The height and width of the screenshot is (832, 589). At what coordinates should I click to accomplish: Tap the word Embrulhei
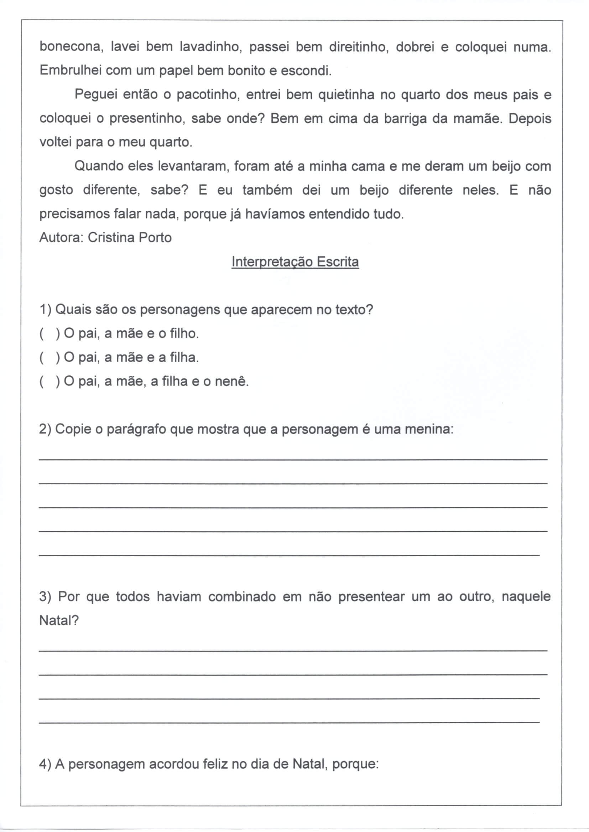coord(71,70)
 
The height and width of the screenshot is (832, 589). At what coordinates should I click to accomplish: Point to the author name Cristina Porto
coord(130,238)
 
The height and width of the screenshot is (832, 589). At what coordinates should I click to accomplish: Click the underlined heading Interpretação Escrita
coord(295,262)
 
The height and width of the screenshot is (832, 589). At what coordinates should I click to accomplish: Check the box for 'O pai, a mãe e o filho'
coord(49,334)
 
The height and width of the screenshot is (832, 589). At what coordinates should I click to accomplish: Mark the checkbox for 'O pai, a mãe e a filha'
coord(49,358)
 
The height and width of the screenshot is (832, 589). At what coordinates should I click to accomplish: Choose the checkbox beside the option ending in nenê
coord(49,381)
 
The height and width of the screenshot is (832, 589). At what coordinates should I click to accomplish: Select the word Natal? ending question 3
coord(59,621)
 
